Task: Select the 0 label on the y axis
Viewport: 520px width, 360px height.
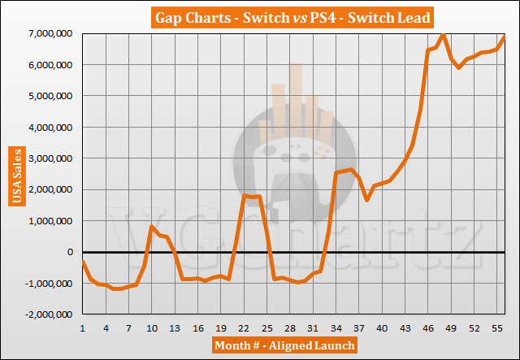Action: (71, 252)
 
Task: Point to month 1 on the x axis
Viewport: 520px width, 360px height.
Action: (83, 326)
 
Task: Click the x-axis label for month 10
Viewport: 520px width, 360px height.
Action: (154, 326)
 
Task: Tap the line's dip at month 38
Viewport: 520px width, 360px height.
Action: (367, 200)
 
